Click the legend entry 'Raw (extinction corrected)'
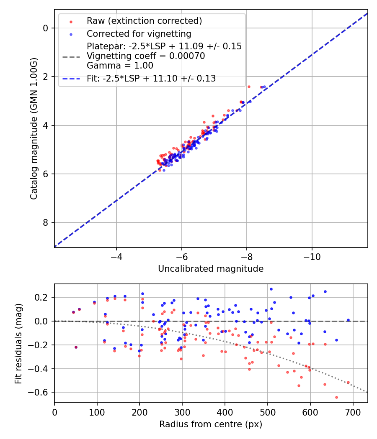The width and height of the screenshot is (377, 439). [x=144, y=21]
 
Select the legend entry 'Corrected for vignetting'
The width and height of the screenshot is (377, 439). [x=139, y=34]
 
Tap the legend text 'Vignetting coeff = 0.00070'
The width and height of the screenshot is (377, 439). [x=146, y=56]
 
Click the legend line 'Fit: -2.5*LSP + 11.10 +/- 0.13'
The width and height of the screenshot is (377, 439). [x=151, y=78]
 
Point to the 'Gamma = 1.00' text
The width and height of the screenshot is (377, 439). [x=120, y=66]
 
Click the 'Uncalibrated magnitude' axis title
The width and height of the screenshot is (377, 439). [x=211, y=269]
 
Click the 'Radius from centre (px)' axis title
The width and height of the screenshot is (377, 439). [x=211, y=424]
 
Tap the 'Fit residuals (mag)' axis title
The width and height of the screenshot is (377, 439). [x=18, y=344]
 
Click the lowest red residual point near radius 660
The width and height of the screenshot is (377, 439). [x=336, y=397]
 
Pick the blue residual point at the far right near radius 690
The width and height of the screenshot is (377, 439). [x=348, y=320]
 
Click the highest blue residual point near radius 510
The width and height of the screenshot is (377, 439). [x=271, y=289]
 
